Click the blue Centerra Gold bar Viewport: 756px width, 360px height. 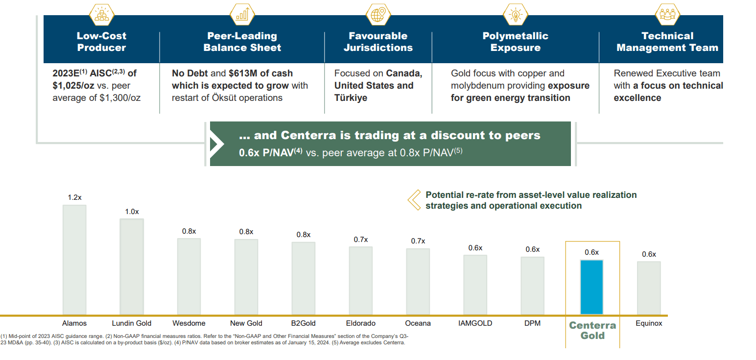point(591,287)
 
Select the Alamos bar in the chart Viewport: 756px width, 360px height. point(74,260)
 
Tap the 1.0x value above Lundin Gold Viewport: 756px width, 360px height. point(132,212)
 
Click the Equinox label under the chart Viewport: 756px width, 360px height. point(649,323)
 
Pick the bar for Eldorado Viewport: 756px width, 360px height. point(360,280)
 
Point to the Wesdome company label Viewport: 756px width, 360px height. point(189,323)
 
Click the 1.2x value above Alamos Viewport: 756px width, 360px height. point(74,197)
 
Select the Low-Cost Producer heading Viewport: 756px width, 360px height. point(101,42)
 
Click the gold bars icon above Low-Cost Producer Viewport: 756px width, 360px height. point(101,14)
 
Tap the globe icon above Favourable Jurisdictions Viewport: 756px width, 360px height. point(378,14)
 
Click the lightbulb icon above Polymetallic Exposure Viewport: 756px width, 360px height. point(515,14)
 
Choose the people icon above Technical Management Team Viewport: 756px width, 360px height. point(667,14)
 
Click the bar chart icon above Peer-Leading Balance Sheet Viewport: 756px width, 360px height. point(242,14)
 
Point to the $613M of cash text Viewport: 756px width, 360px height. point(260,73)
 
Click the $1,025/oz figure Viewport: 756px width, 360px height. point(74,86)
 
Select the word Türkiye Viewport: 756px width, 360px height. point(351,98)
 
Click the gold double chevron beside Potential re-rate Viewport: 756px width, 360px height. point(414,200)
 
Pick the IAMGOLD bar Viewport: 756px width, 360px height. point(475,285)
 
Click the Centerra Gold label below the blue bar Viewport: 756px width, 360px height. point(592,331)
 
